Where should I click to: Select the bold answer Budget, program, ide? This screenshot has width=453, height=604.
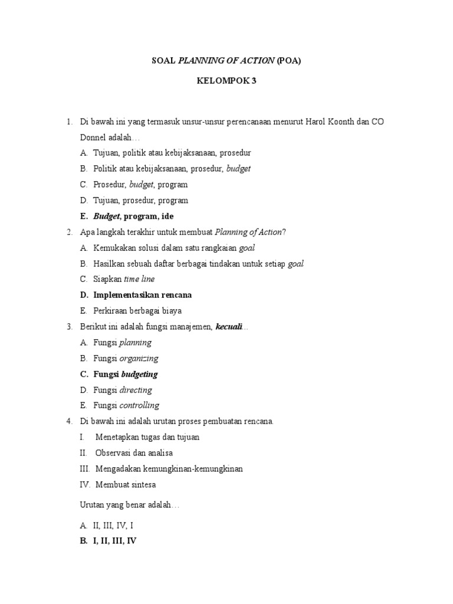(x=133, y=216)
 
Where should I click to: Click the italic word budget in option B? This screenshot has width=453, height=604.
(x=238, y=168)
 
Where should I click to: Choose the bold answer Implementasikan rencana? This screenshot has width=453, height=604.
(x=142, y=294)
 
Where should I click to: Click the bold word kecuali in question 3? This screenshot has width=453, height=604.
(x=229, y=326)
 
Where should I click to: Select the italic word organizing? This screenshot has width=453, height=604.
(x=139, y=358)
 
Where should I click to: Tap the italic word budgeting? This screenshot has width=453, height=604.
(x=139, y=374)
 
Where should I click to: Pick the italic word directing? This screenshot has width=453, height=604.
(x=136, y=390)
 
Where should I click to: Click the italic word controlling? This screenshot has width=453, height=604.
(x=139, y=405)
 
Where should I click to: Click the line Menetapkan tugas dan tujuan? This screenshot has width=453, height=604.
(x=147, y=437)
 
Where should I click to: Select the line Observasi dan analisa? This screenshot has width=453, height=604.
(x=134, y=453)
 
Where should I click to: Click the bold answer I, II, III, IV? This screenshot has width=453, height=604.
(x=114, y=540)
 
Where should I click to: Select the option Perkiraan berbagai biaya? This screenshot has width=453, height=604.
(x=137, y=310)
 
